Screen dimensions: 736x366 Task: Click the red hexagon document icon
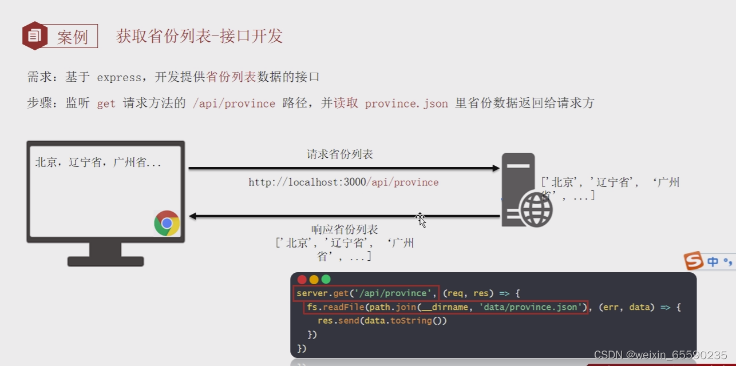tap(34, 35)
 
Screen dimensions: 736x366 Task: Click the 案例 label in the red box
tap(73, 37)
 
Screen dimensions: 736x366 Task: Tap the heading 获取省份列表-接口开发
tap(200, 36)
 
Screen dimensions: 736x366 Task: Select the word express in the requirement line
tap(119, 77)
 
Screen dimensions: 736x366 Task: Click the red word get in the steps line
tap(106, 104)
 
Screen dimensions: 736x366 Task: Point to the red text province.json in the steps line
tap(406, 104)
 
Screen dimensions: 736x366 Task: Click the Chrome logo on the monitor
tap(167, 224)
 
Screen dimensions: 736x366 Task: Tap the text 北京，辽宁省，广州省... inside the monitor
tap(98, 162)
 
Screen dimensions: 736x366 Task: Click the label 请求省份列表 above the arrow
tap(340, 154)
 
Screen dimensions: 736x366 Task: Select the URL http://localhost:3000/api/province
tap(343, 182)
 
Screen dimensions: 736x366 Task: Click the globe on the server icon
tap(536, 209)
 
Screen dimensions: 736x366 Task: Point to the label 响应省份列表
tap(345, 230)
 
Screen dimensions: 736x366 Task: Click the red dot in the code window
tap(302, 280)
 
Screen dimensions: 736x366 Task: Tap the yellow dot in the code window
tap(314, 280)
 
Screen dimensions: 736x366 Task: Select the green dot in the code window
tap(326, 280)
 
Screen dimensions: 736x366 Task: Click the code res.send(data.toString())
tap(382, 321)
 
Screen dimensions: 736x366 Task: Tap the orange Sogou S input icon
tap(694, 261)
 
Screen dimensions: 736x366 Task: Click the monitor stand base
tap(105, 261)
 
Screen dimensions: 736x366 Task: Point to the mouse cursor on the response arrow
tap(421, 220)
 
